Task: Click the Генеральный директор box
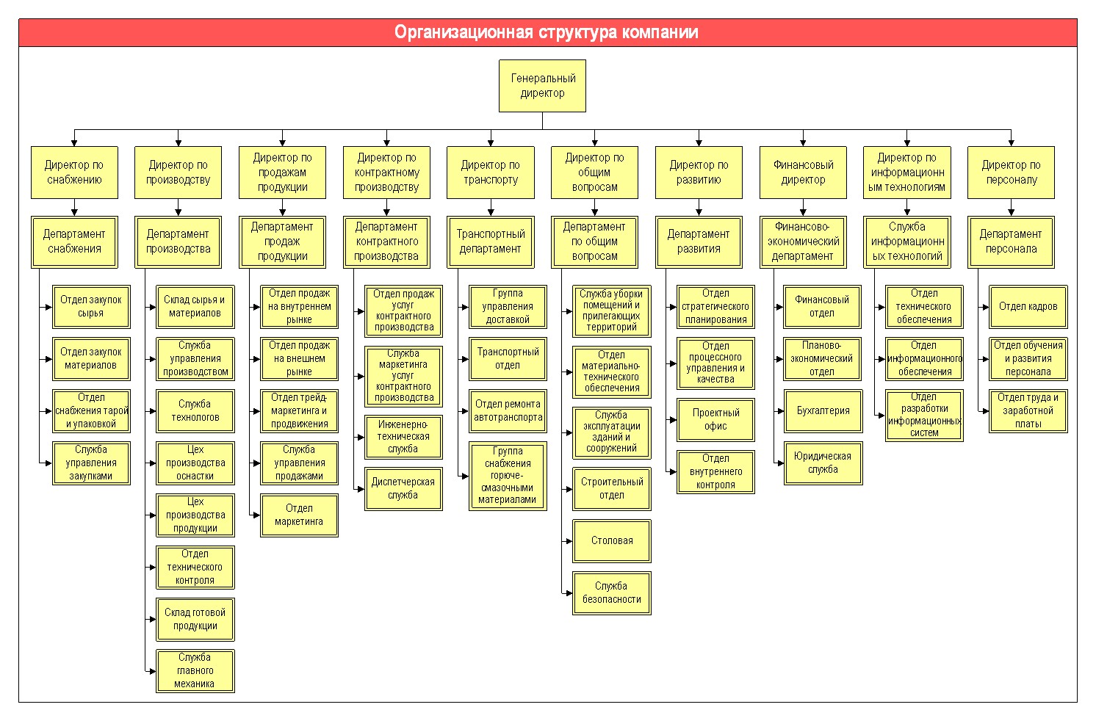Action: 542,86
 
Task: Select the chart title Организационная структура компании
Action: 546,32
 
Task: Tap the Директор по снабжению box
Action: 74,173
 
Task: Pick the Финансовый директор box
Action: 803,173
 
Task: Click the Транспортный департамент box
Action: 490,242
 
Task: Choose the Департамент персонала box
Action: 1011,242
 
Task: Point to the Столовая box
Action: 612,541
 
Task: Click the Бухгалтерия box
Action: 823,411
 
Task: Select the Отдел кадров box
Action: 1028,307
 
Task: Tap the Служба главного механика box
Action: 195,670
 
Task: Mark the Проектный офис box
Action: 715,420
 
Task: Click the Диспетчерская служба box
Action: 403,489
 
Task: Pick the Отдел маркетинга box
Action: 299,515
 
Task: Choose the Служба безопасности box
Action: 612,593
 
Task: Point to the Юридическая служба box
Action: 823,463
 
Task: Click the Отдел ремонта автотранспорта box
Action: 508,411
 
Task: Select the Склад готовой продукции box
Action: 195,619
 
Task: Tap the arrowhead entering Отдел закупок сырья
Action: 48,307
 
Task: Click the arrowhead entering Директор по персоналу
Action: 1011,143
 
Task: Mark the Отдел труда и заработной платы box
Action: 1028,411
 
